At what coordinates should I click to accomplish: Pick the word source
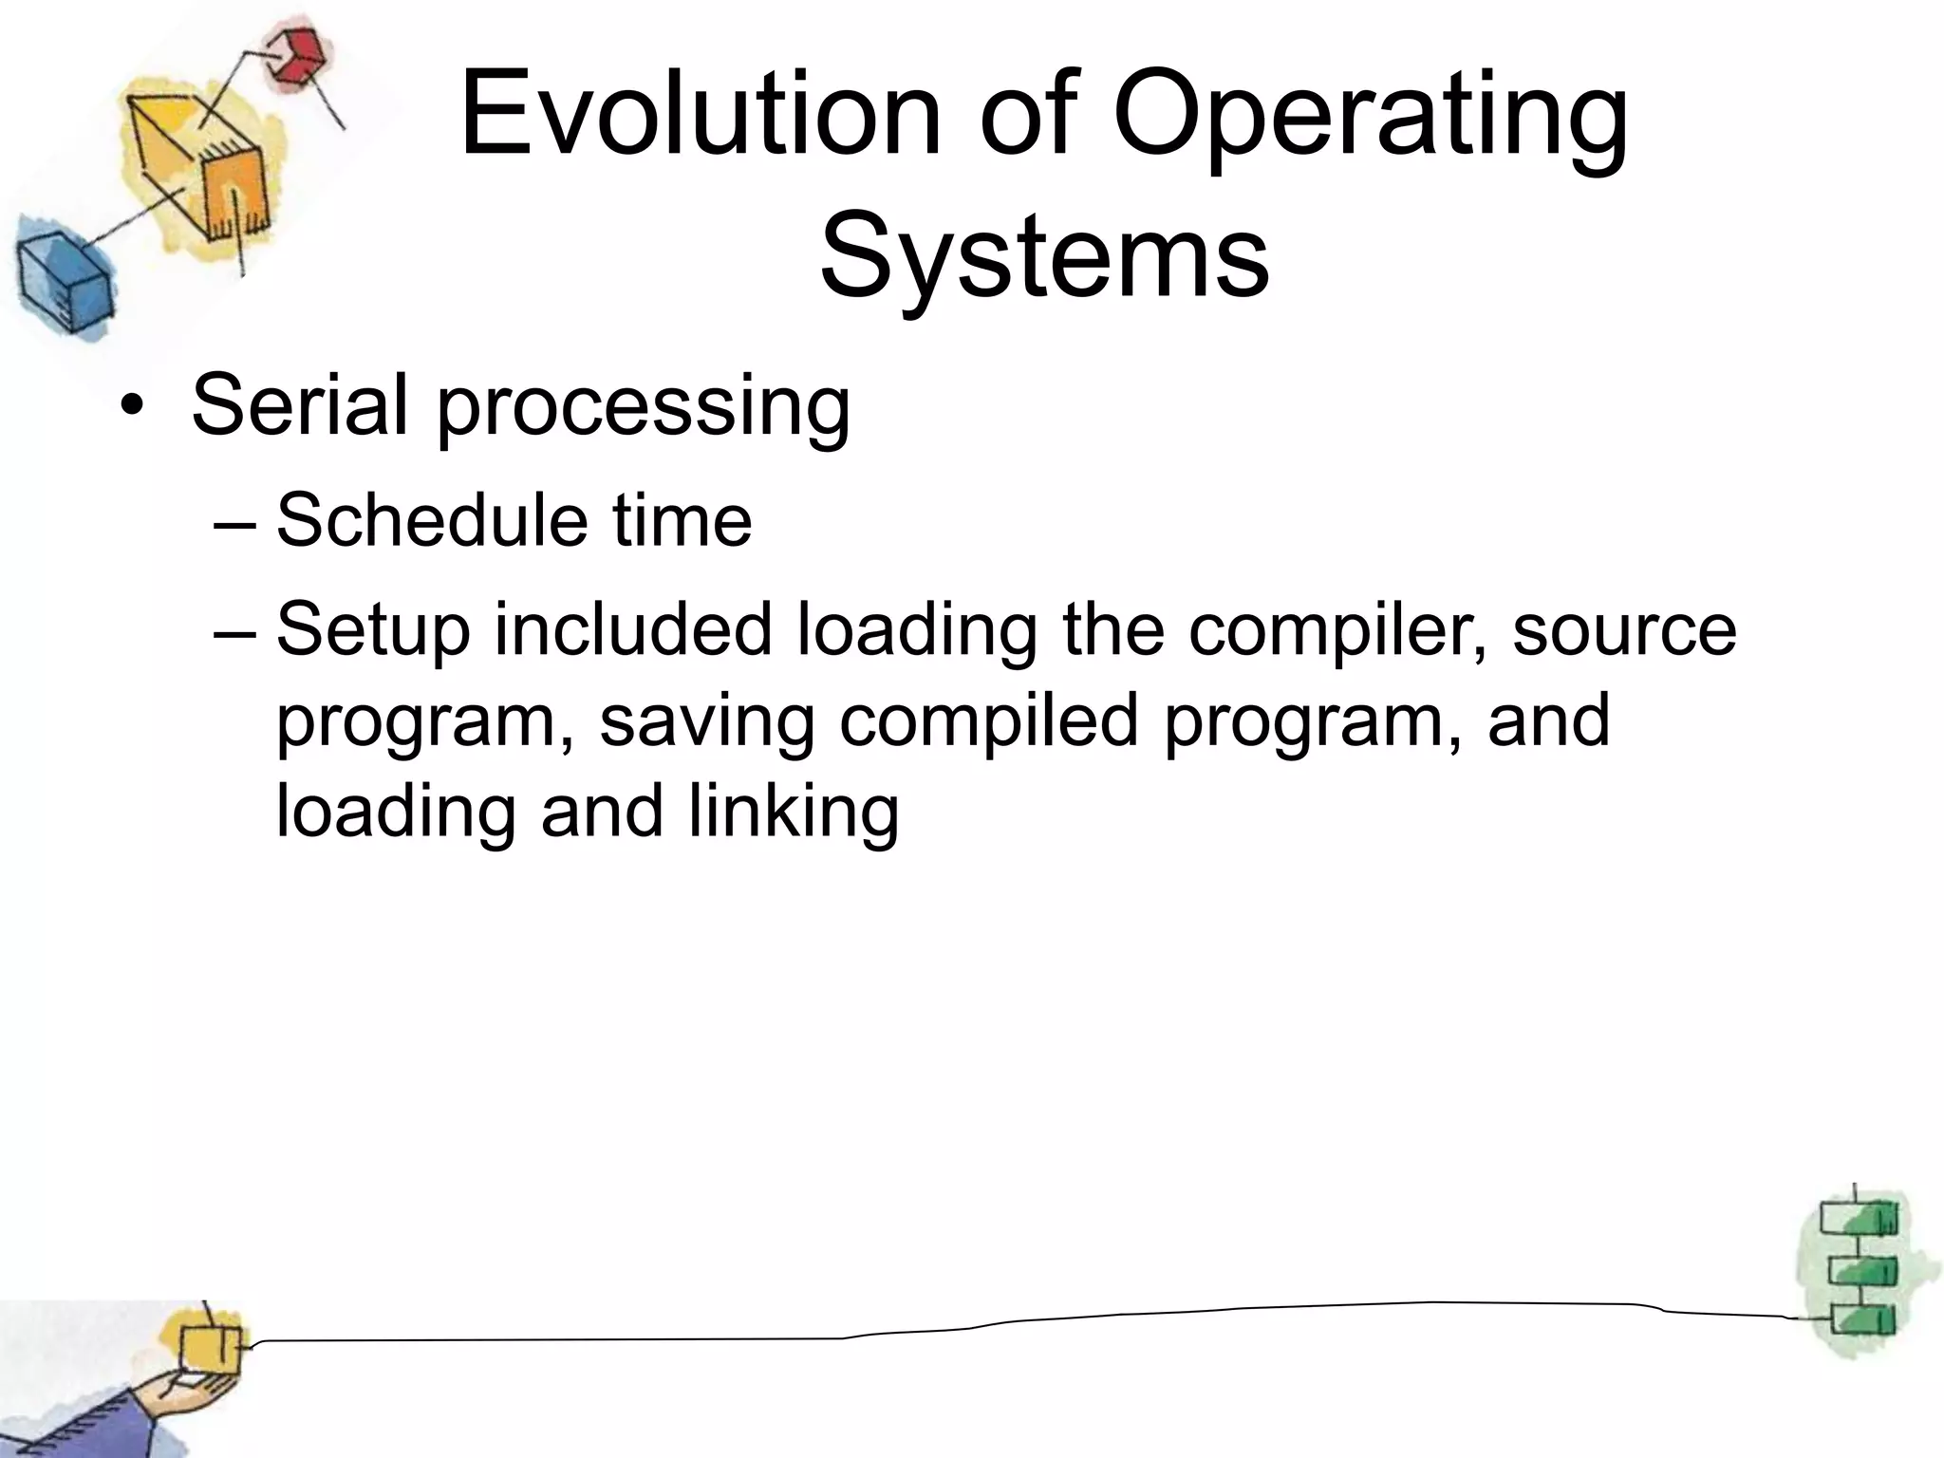coord(1624,631)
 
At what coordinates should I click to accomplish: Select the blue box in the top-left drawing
coord(63,281)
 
